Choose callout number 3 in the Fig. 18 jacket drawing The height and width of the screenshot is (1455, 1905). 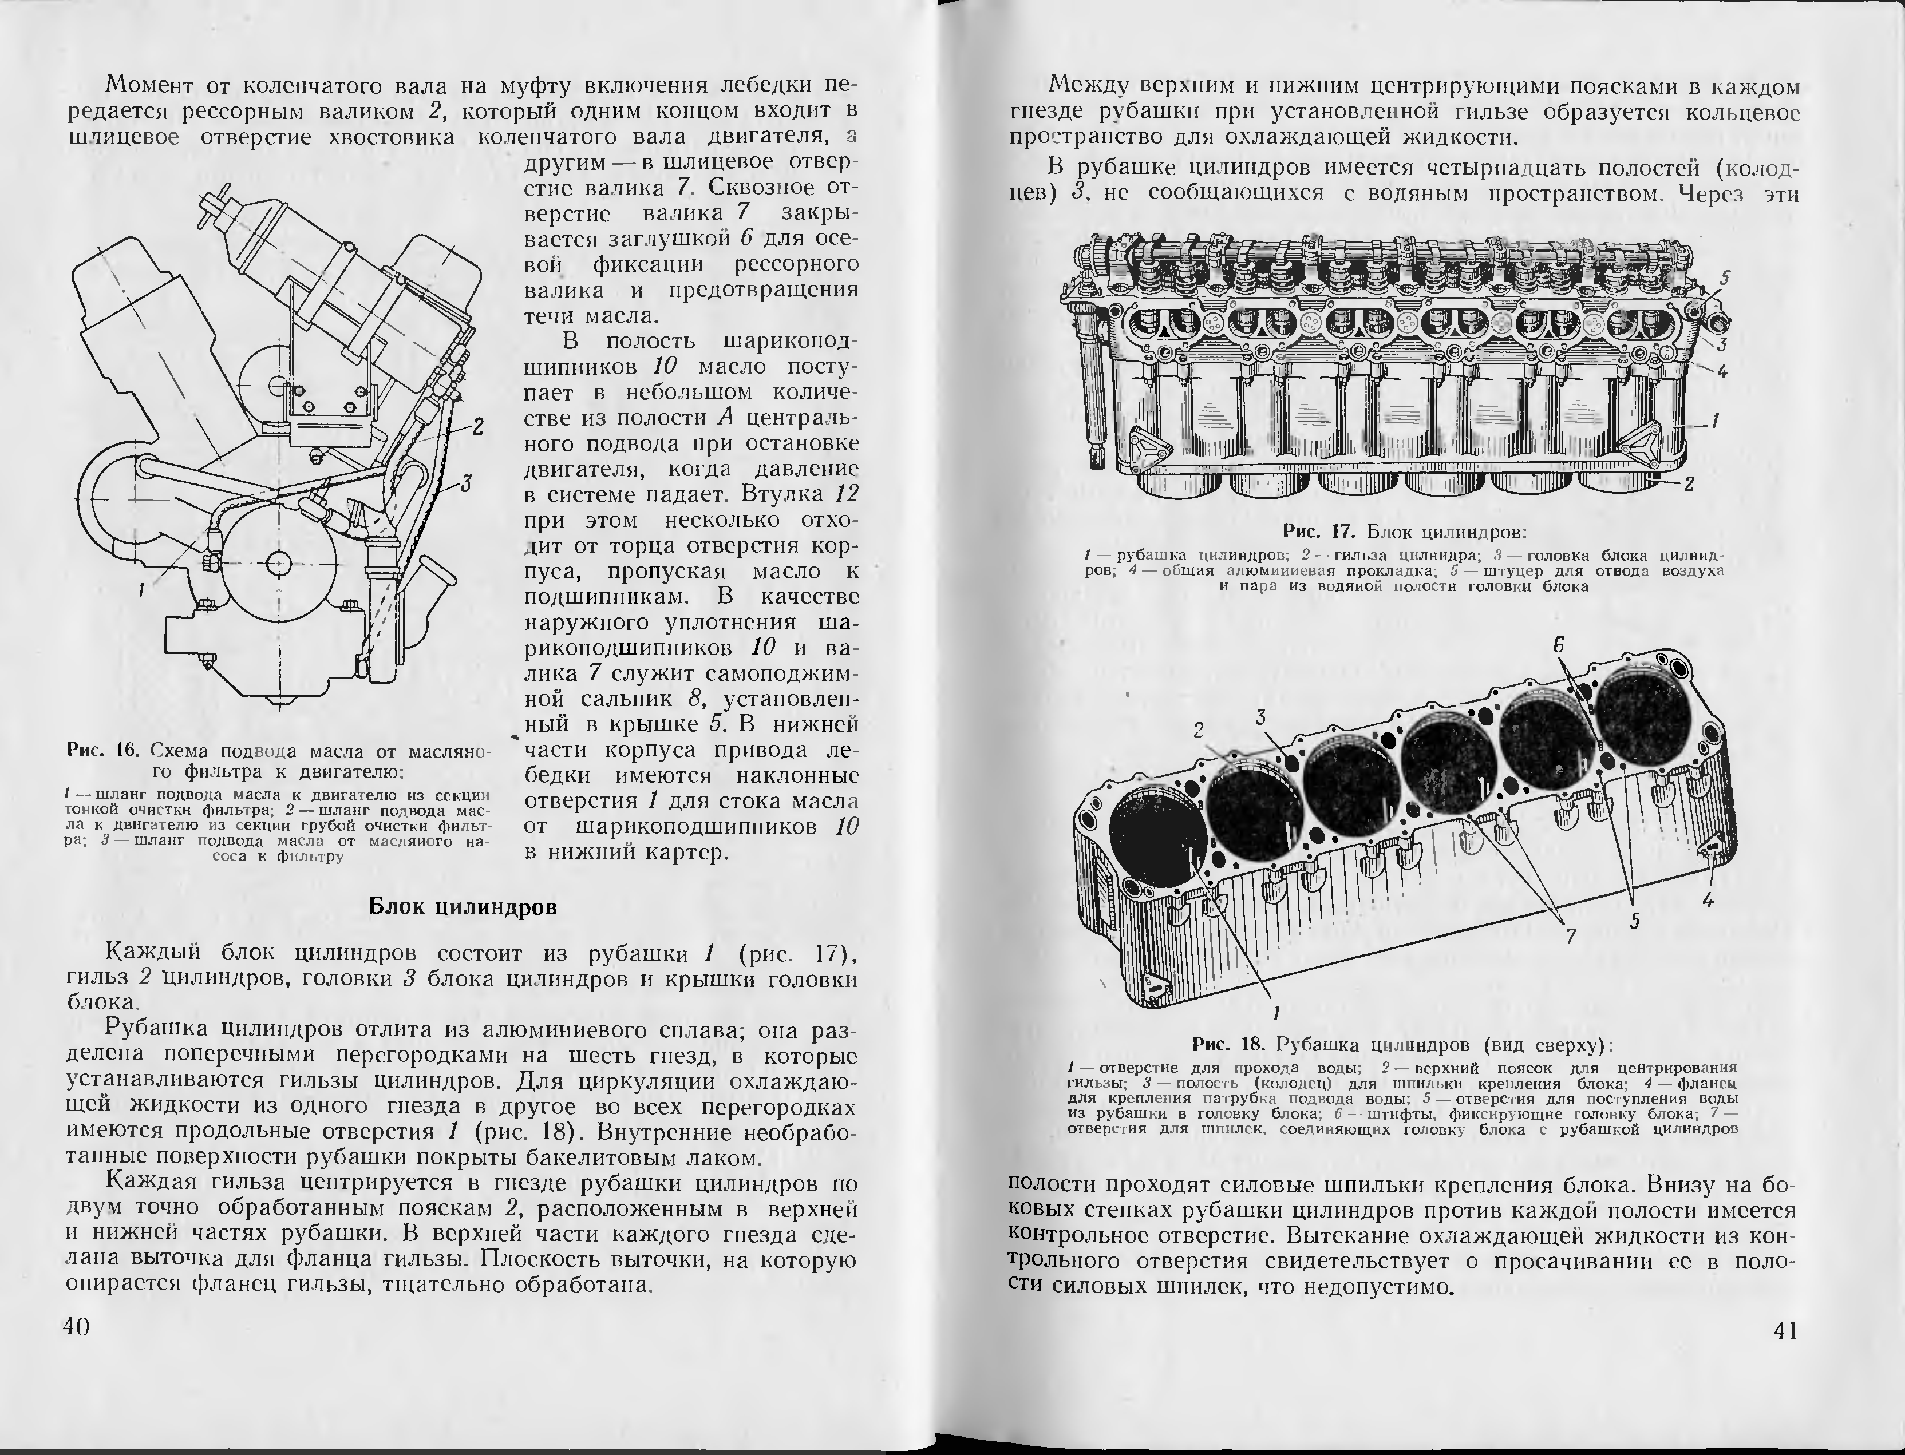(x=1262, y=716)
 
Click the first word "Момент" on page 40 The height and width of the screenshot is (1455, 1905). (x=153, y=86)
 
